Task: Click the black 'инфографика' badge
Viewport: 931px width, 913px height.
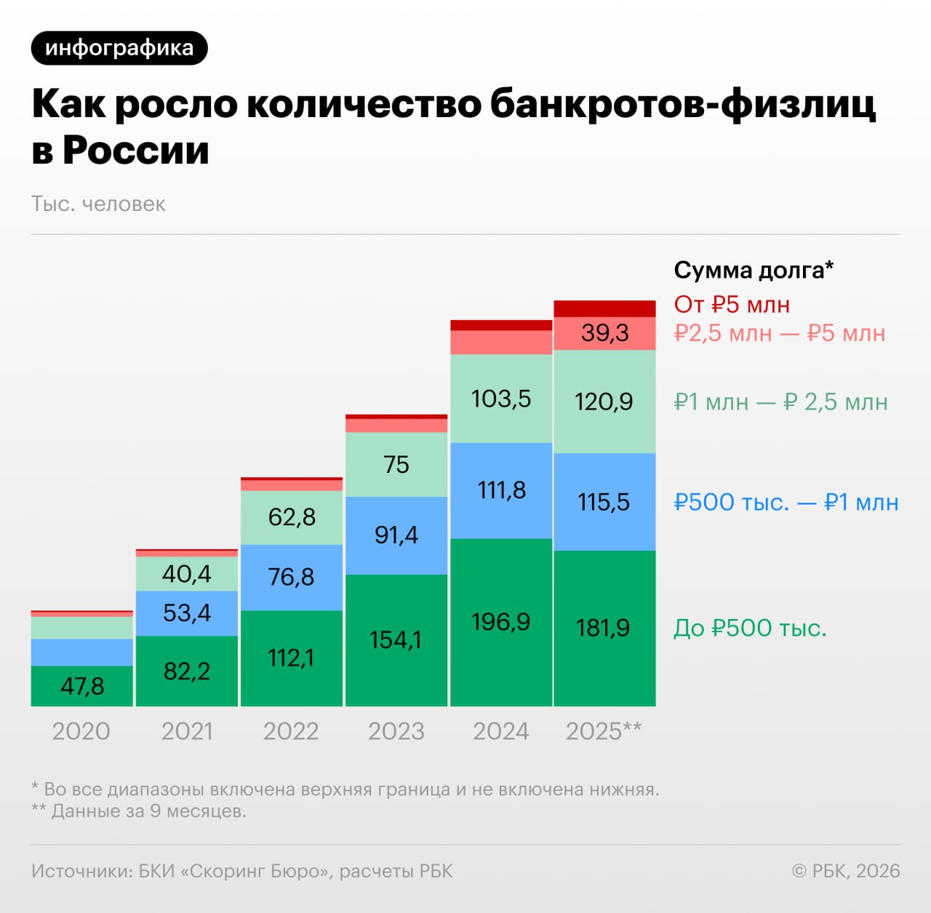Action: coord(119,48)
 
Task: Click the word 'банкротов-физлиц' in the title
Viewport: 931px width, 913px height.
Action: coord(682,104)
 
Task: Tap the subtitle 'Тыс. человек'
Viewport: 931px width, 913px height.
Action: coord(98,204)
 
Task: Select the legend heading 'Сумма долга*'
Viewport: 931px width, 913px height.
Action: coord(753,270)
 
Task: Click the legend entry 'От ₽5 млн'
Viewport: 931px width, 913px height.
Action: coord(732,304)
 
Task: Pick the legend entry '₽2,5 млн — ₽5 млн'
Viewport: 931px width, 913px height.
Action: coord(779,333)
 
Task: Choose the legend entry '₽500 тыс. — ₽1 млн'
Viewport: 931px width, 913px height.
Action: coord(786,502)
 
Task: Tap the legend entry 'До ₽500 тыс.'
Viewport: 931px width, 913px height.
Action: coord(750,628)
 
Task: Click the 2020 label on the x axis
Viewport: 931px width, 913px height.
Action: coord(81,730)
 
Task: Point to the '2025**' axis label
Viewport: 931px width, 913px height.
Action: coord(604,730)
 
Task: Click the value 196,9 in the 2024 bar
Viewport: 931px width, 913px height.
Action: coord(500,622)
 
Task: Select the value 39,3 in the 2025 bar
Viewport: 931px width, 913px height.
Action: coord(604,333)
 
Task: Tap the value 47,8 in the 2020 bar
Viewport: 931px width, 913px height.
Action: coord(82,686)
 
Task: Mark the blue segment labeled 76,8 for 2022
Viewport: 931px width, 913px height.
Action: coord(291,577)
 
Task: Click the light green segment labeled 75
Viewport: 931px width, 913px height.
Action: coord(396,464)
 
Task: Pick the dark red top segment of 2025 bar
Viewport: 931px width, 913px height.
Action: coord(604,308)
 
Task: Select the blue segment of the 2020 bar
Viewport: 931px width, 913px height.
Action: coord(82,653)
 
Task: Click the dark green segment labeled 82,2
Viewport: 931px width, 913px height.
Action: coord(187,671)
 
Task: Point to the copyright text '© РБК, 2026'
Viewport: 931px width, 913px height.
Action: coord(845,871)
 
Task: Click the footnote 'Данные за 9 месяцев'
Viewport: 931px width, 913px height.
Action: coord(148,810)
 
